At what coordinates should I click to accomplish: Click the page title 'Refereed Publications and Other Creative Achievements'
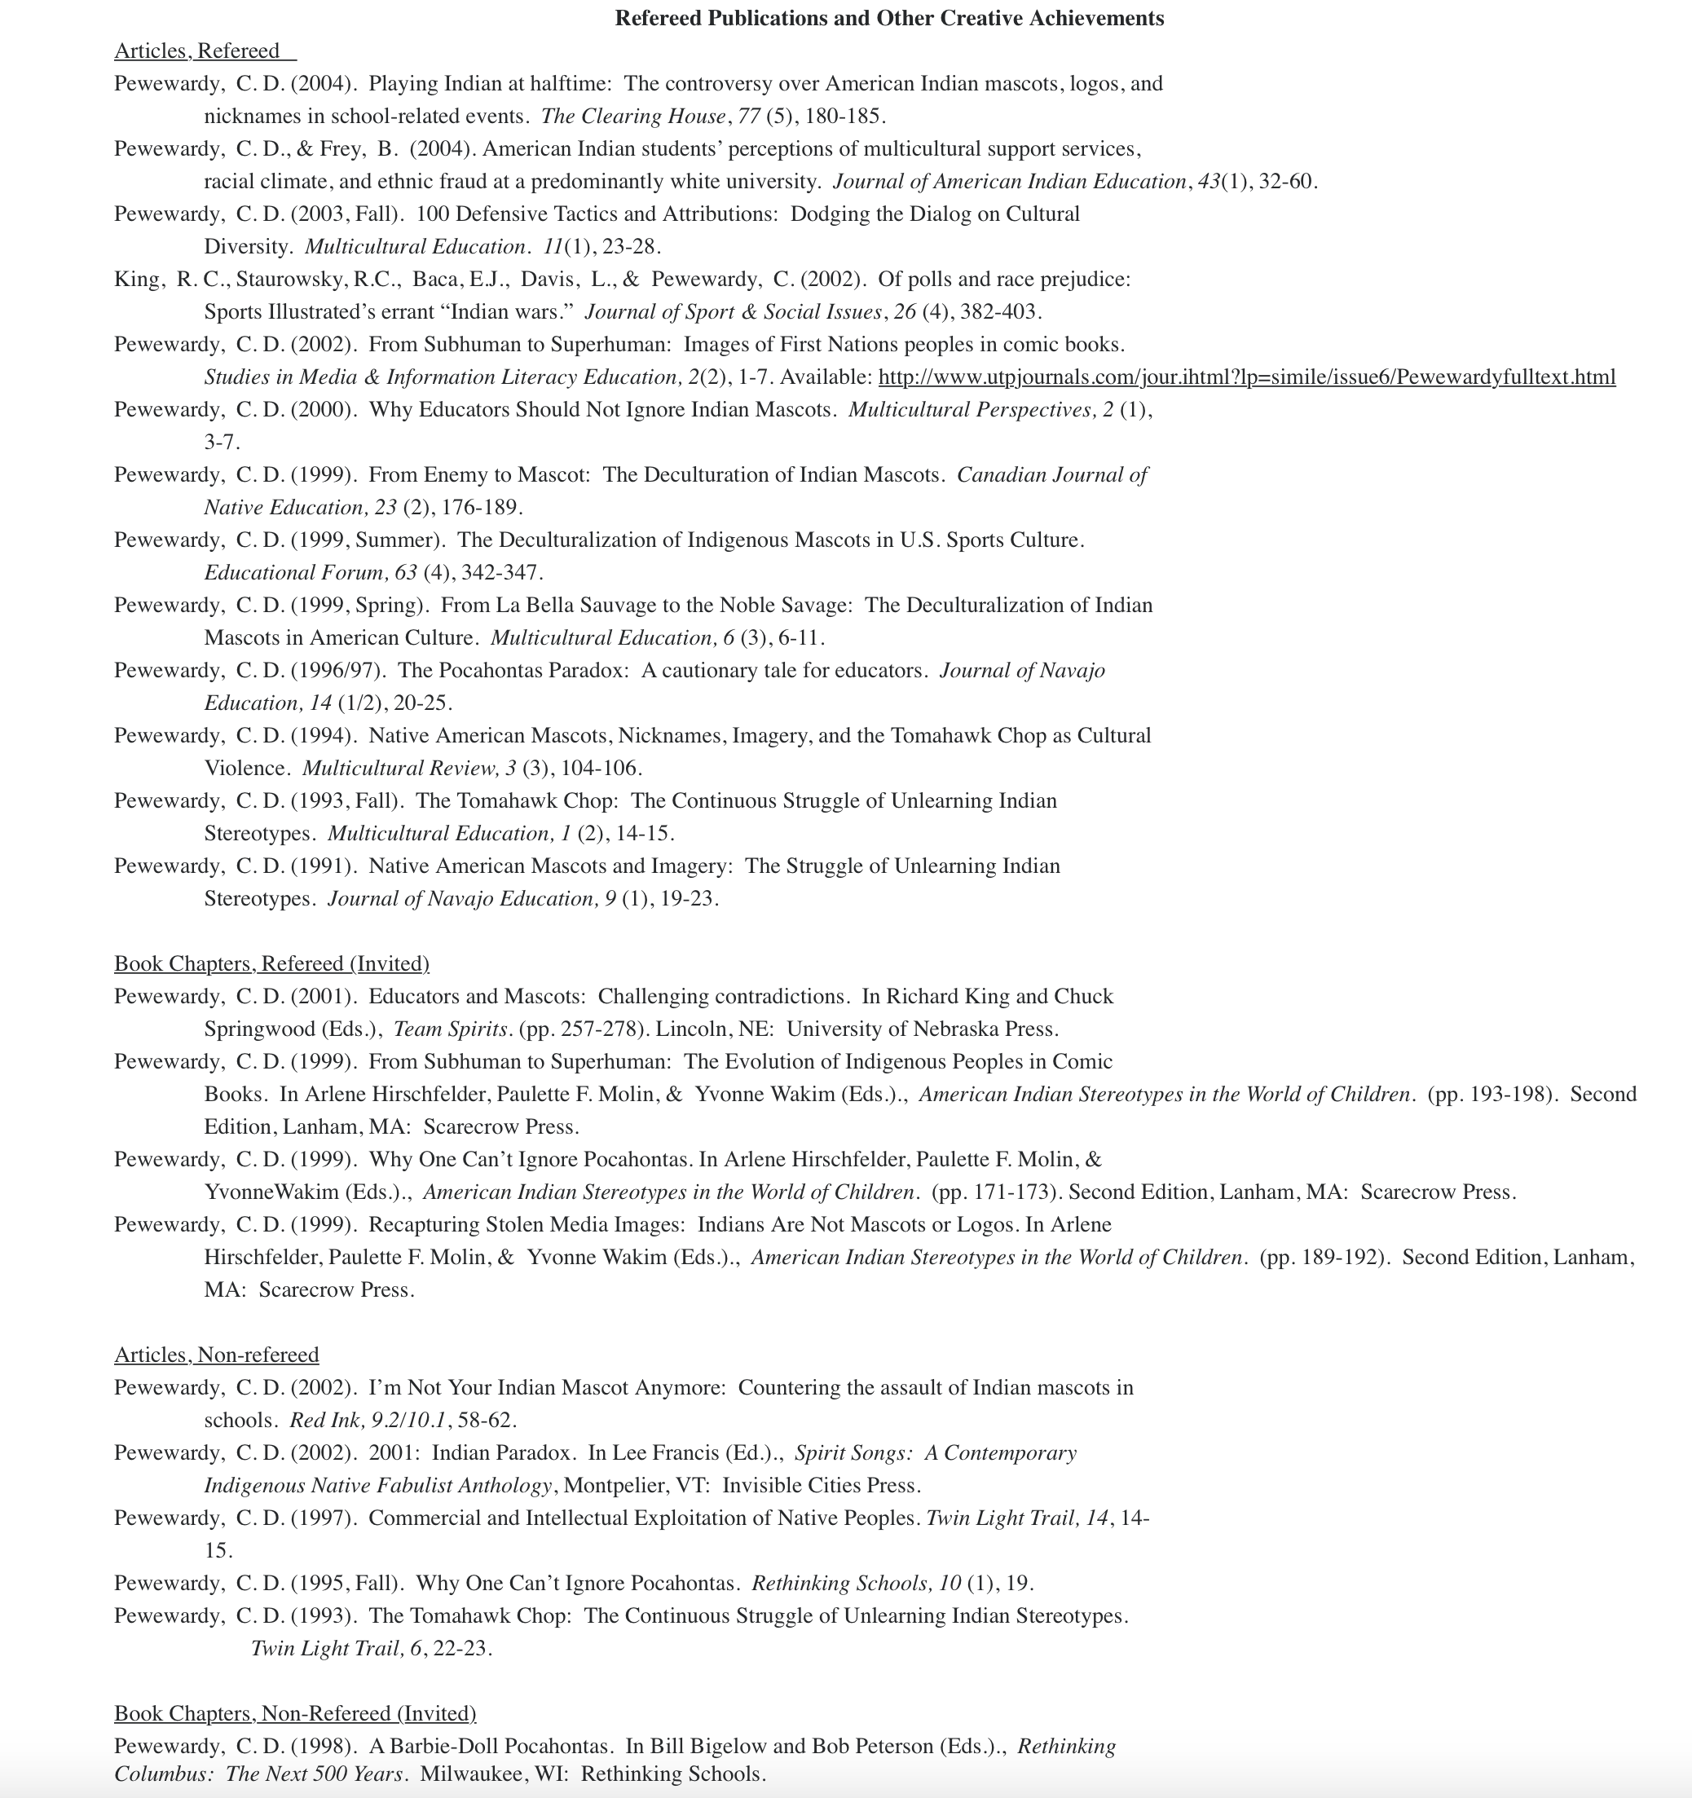tap(889, 18)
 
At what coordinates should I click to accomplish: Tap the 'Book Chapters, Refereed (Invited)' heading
tap(271, 963)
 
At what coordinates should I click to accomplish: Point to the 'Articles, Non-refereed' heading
tap(216, 1354)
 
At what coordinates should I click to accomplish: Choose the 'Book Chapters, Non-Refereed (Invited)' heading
tap(295, 1713)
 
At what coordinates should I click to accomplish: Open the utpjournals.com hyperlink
tap(1246, 377)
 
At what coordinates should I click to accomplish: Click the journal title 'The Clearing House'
tap(633, 116)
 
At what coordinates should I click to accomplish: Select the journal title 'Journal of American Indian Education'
tap(1009, 181)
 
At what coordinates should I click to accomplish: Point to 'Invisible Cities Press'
tap(820, 1485)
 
